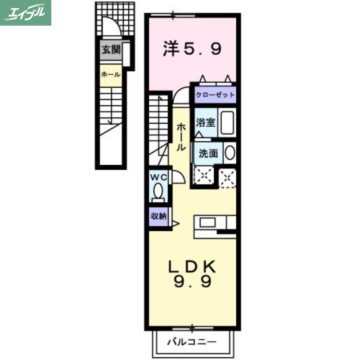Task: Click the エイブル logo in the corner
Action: (x=26, y=13)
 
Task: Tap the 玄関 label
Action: (x=110, y=50)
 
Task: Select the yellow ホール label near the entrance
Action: (x=110, y=74)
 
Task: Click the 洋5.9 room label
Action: (x=192, y=49)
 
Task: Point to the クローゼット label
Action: (x=215, y=95)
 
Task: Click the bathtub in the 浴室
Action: (x=227, y=122)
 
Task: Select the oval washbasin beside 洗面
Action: (x=229, y=153)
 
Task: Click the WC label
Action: (x=158, y=178)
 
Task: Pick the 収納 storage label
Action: (x=158, y=216)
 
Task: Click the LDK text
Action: (x=192, y=266)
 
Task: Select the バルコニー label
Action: (x=192, y=342)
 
